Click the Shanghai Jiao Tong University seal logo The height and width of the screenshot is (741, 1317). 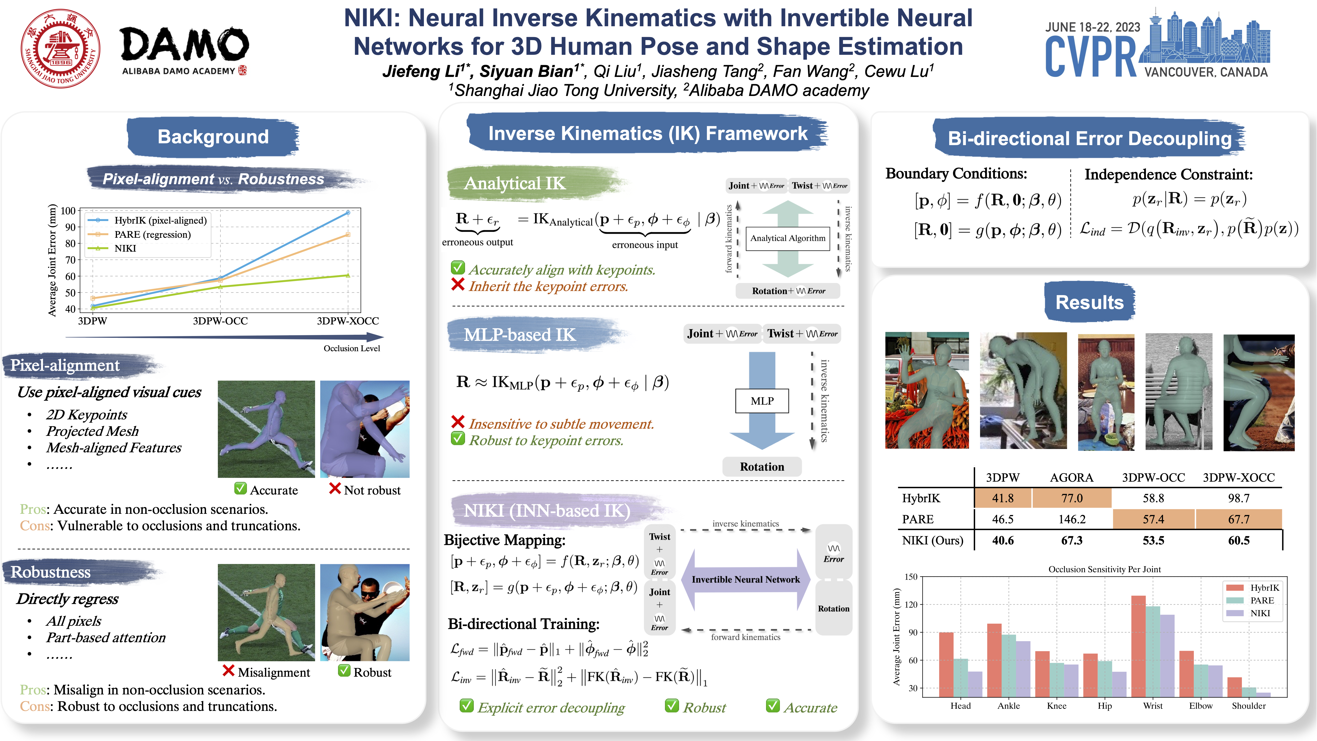pos(60,49)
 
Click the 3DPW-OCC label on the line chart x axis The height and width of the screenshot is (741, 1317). pos(220,321)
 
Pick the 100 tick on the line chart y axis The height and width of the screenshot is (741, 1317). pos(68,211)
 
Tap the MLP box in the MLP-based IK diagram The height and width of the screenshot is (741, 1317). pos(762,401)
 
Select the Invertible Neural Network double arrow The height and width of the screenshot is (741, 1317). pos(745,579)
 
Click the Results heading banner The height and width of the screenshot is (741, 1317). pos(1090,302)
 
